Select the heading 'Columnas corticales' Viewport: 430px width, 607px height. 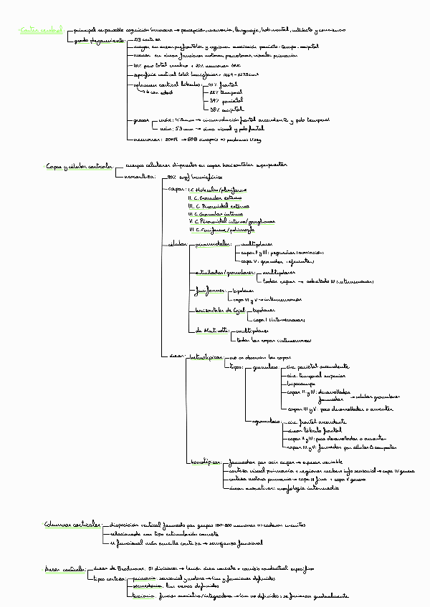(72, 525)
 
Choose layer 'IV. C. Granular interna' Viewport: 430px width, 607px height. (216, 213)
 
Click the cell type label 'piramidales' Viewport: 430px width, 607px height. (214, 244)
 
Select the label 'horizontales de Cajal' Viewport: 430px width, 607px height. (220, 310)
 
